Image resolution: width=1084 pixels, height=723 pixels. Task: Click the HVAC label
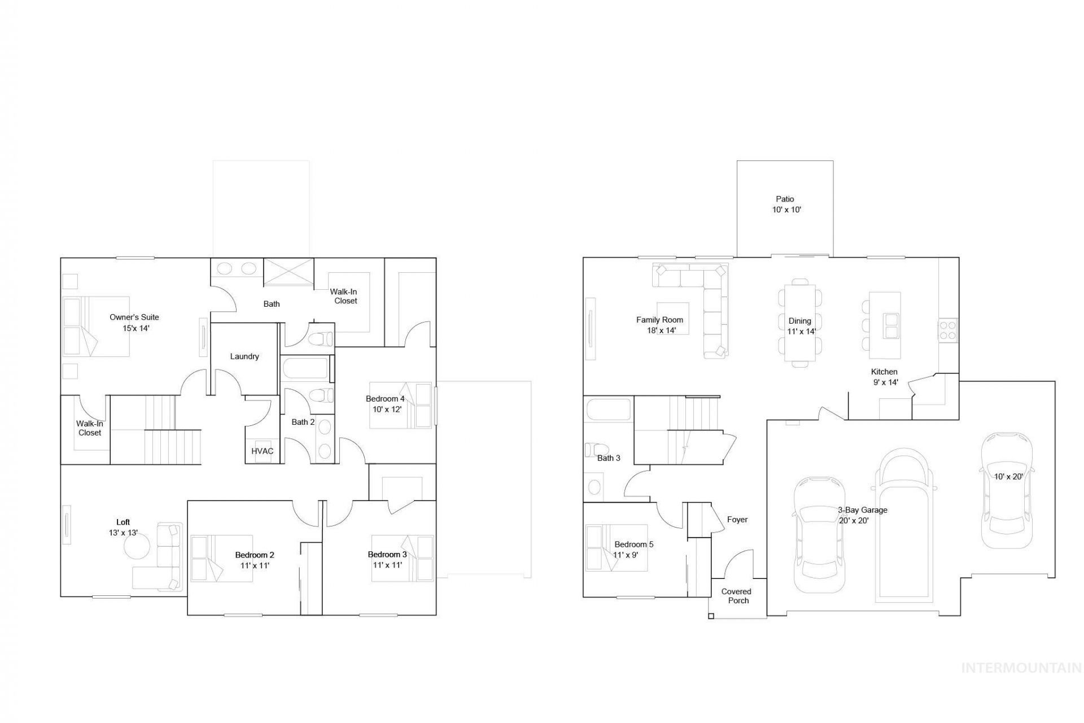click(x=263, y=451)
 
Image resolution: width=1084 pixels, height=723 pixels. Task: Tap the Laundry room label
click(x=244, y=356)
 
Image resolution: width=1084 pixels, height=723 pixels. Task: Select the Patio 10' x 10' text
click(x=786, y=204)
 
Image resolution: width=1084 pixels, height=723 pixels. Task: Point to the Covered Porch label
click(x=737, y=596)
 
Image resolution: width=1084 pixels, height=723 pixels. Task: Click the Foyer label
click(x=737, y=520)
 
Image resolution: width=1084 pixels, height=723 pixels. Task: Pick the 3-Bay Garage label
click(x=862, y=510)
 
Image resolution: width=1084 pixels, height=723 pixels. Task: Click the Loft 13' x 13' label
click(x=123, y=528)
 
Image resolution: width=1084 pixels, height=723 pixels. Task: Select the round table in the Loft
click(x=137, y=546)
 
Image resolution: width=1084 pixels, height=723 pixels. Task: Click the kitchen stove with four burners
click(x=948, y=330)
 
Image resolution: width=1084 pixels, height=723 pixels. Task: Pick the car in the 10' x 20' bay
click(x=1007, y=490)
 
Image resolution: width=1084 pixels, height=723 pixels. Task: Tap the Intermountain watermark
click(x=1021, y=668)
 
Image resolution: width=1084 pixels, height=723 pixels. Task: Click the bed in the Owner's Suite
click(x=96, y=326)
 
